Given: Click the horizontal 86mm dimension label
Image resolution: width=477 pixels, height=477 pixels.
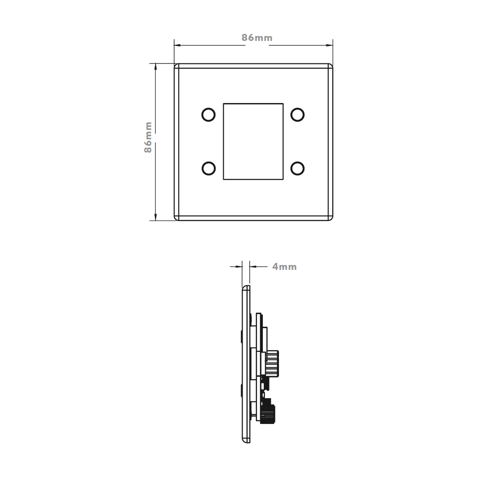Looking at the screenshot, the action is point(257,38).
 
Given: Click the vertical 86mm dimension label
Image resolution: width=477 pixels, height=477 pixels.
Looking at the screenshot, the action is point(148,137).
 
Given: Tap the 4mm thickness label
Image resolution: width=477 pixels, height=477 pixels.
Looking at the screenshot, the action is point(284,266).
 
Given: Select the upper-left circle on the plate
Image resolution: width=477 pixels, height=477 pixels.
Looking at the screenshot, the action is point(208,115).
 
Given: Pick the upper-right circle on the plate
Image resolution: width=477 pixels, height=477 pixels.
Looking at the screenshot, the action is point(297,115).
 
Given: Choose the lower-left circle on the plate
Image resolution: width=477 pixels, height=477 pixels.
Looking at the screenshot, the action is point(208,169).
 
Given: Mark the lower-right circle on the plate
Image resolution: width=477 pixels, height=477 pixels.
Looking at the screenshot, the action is point(297,169).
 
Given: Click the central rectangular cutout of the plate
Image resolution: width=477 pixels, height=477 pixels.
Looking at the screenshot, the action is point(253,141).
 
